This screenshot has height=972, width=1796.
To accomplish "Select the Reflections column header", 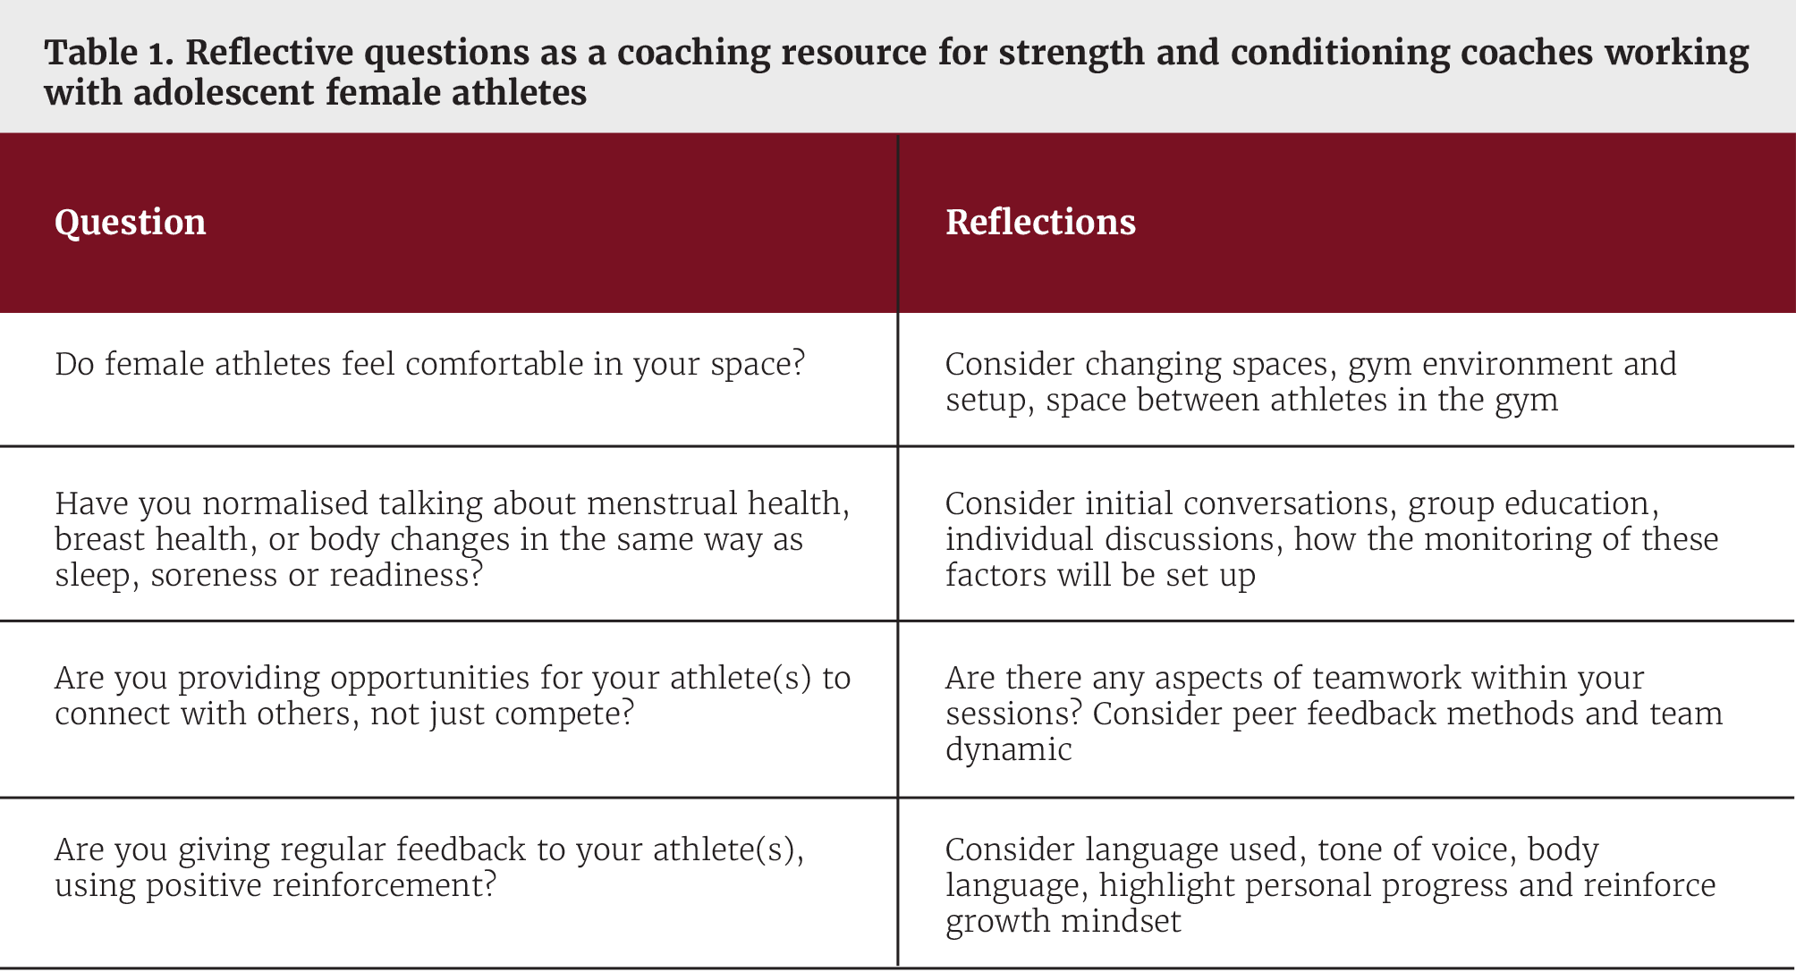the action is (1040, 222).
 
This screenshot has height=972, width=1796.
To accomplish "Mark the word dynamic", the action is (1008, 749).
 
